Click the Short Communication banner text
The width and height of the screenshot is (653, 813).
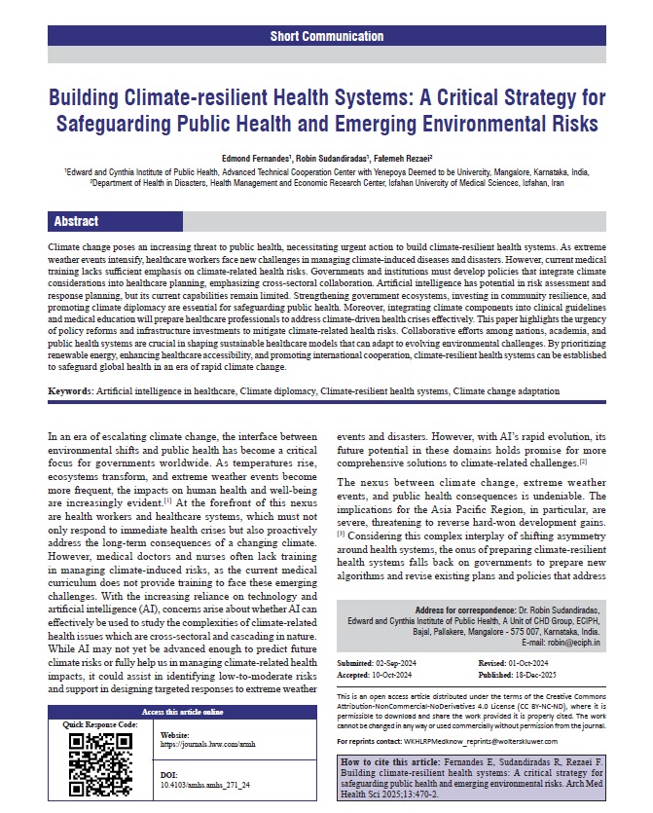[x=326, y=36]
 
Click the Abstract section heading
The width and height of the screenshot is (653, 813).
[x=76, y=221]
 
